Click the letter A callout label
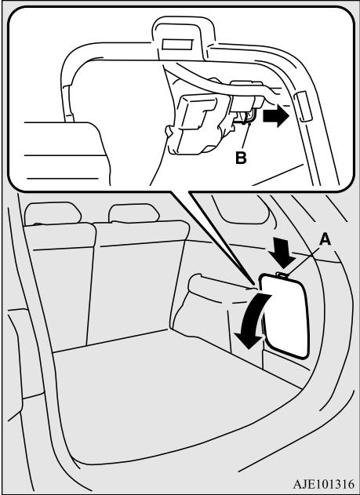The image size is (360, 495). tap(325, 239)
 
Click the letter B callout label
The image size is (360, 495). tap(241, 158)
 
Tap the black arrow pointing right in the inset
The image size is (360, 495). tap(276, 116)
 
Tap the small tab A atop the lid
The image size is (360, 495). tap(282, 275)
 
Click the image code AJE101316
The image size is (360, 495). tap(324, 484)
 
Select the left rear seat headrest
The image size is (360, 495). tap(53, 213)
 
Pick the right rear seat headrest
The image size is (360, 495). tap(134, 213)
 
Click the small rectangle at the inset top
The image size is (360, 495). tap(177, 45)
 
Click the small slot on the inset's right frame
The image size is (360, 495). tap(303, 107)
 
